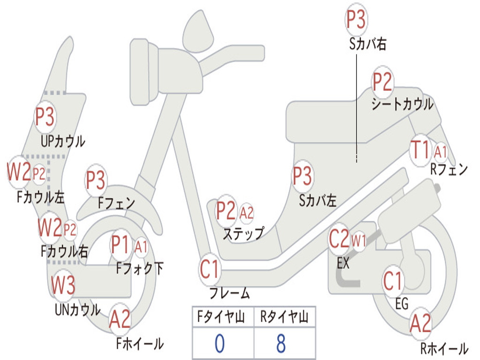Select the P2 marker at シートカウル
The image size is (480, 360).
[382, 82]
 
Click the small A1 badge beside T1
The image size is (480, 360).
[441, 151]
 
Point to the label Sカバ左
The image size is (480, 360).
[318, 201]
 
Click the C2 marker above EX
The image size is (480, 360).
[339, 239]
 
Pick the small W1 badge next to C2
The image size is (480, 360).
[359, 241]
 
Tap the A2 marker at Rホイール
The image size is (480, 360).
[420, 323]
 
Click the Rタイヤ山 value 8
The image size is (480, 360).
[281, 344]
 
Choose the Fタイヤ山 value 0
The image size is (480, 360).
[219, 344]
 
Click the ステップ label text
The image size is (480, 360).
[243, 233]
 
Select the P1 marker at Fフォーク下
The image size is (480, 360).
[120, 244]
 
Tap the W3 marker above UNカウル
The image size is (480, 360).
[63, 285]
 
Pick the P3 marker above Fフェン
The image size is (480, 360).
[96, 180]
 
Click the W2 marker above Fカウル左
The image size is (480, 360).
[19, 172]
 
